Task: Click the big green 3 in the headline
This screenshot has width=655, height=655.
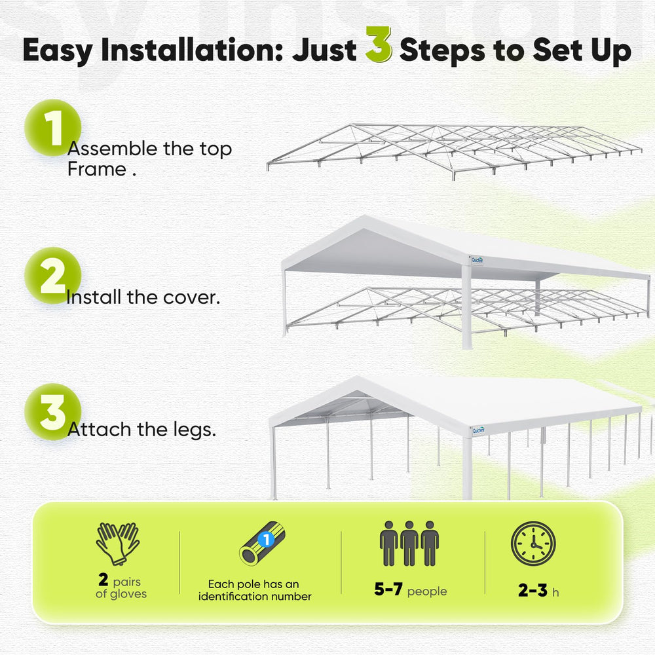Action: coord(379,45)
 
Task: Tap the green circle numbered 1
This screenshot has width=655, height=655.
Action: coord(52,128)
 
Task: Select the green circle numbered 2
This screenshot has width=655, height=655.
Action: coord(52,276)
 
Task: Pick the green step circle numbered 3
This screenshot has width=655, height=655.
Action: coord(52,412)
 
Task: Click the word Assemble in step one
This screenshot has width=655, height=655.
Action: coord(113,149)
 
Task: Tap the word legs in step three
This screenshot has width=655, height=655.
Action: coord(194,430)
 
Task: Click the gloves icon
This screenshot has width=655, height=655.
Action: coord(118,544)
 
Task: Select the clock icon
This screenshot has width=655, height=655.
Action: coord(533,544)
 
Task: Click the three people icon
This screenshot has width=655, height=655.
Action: coord(409,544)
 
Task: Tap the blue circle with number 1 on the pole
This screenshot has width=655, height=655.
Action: coord(266,539)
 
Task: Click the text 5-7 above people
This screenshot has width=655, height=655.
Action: coord(388,589)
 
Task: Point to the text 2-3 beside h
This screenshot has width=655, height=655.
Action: coord(533,591)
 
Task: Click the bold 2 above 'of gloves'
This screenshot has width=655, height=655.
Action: coord(103,580)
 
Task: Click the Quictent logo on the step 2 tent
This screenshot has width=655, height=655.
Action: coord(477,260)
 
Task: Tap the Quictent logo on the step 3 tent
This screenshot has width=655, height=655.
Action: coord(479,430)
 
